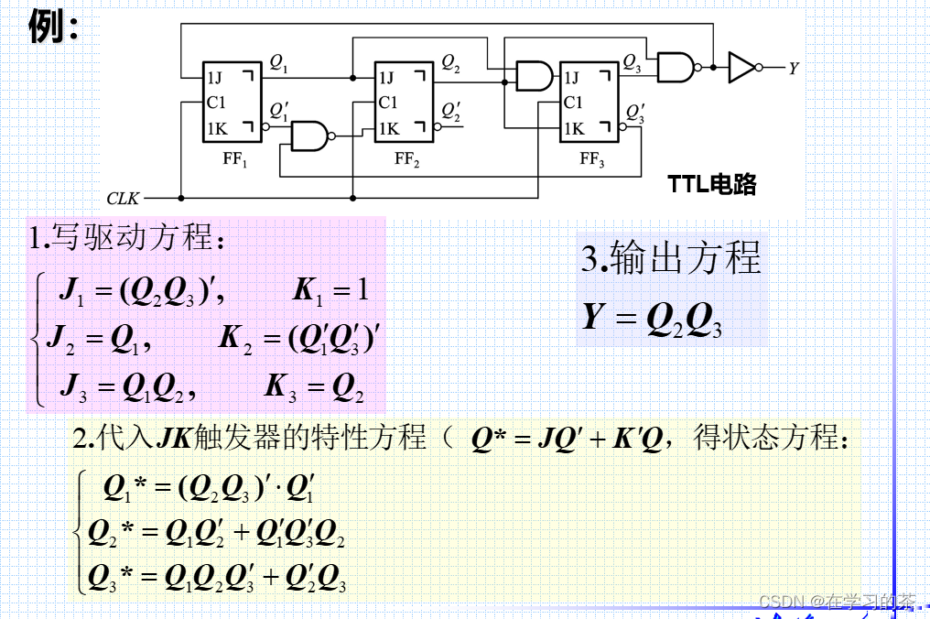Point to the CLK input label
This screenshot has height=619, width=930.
[124, 198]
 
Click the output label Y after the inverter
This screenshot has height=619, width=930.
[793, 68]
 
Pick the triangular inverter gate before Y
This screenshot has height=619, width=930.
[742, 67]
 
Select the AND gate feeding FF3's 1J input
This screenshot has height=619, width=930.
[533, 76]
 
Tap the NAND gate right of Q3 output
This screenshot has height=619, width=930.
[677, 67]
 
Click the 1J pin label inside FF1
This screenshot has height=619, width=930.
[215, 78]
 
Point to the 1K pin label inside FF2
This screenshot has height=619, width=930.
[388, 128]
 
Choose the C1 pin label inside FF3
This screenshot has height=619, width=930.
[573, 103]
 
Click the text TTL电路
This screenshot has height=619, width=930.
[712, 184]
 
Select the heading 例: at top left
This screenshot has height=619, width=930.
[53, 27]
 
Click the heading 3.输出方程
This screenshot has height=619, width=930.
[671, 259]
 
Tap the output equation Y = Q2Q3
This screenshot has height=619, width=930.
[652, 319]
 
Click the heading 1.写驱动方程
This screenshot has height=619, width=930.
[126, 239]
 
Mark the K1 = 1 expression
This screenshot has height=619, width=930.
[330, 291]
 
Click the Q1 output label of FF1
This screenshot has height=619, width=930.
[278, 64]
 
